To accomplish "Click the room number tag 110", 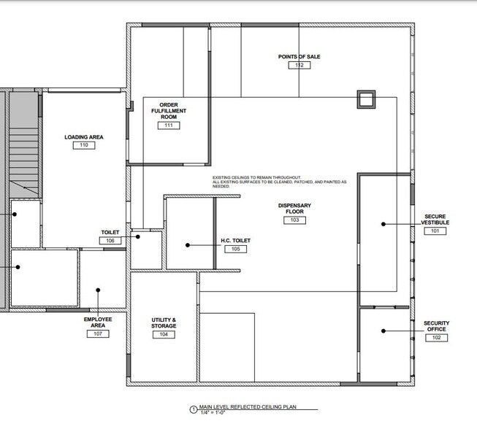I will click(x=84, y=145).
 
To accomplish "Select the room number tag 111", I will click(x=169, y=125).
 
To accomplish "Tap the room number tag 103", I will click(x=294, y=220).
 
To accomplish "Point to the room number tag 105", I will click(x=236, y=249).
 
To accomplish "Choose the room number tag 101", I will click(x=435, y=231).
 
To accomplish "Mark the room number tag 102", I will click(x=436, y=338).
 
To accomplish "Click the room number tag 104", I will click(x=164, y=334).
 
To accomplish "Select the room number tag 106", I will click(x=110, y=241).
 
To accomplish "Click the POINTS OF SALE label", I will click(x=299, y=56).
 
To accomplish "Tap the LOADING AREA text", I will click(x=83, y=136).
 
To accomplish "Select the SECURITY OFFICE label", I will click(x=436, y=326).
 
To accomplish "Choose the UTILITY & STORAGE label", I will click(x=164, y=322).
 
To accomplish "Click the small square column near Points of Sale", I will click(x=365, y=98).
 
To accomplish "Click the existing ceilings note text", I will click(x=279, y=182).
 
